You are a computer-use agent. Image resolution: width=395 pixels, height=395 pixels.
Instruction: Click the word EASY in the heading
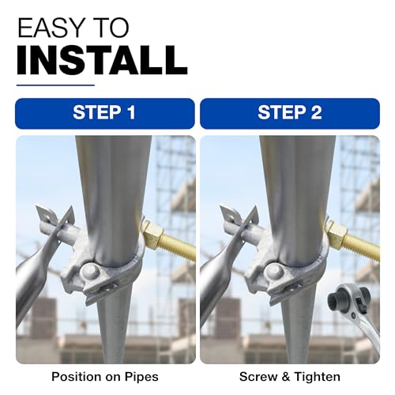[x=50, y=28]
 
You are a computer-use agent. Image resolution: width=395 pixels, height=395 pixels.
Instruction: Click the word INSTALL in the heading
[x=103, y=60]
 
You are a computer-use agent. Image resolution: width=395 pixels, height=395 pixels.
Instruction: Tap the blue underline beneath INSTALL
[x=55, y=85]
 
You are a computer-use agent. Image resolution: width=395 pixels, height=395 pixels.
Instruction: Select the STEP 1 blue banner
[x=105, y=114]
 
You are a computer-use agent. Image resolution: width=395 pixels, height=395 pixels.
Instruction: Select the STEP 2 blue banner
[x=290, y=114]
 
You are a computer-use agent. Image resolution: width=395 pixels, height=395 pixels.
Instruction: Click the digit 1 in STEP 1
[x=131, y=113]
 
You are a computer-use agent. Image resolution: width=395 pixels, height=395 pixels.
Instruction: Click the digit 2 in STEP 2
[x=316, y=113]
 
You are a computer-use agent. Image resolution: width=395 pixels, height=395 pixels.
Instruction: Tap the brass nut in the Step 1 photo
[x=151, y=234]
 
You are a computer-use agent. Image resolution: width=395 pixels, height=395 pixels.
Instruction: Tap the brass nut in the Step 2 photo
[x=336, y=234]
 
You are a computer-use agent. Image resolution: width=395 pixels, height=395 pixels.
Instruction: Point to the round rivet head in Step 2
[x=276, y=273]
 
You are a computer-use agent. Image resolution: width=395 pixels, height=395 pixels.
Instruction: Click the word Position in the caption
[x=77, y=377]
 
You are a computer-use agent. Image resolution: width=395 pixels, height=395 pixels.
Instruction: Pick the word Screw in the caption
[x=258, y=377]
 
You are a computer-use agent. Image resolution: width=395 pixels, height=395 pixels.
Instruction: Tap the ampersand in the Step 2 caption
[x=286, y=377]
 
